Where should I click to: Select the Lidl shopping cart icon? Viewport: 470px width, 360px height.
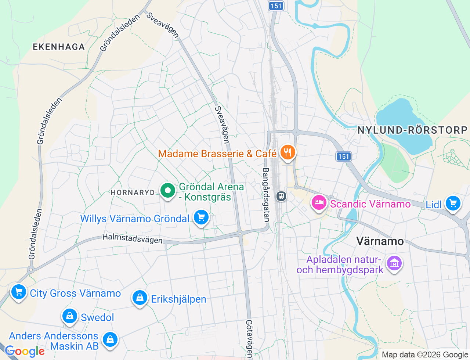[x=453, y=203]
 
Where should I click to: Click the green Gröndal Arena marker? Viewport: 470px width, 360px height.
[x=168, y=191]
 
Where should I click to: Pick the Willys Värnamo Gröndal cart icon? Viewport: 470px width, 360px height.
[x=201, y=217]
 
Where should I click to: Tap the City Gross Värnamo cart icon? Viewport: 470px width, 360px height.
[x=19, y=292]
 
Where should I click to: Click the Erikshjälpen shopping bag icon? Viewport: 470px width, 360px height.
[x=140, y=298]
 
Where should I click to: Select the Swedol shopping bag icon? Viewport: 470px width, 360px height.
[x=69, y=316]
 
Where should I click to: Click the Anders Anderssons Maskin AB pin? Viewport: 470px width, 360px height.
[x=110, y=340]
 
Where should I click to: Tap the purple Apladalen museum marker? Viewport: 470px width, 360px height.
[x=394, y=263]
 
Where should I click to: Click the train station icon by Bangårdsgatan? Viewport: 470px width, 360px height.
[x=281, y=196]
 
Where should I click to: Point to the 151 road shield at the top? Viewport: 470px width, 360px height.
[x=276, y=6]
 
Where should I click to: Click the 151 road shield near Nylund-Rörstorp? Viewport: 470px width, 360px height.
[x=344, y=156]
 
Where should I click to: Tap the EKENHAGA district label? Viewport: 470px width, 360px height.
[x=59, y=47]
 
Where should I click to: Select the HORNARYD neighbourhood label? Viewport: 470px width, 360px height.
[x=133, y=192]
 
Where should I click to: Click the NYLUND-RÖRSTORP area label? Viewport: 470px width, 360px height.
[x=412, y=130]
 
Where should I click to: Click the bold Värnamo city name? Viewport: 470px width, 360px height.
[x=380, y=241]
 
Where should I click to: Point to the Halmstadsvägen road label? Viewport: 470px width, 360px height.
[x=132, y=239]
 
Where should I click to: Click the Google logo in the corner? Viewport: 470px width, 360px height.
[x=25, y=352]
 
